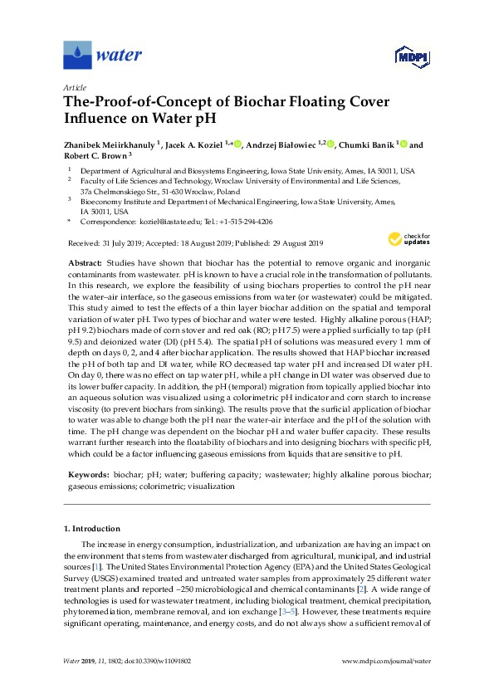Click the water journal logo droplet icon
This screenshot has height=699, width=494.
click(78, 56)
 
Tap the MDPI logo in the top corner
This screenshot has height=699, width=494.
click(404, 56)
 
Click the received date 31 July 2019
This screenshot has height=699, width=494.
click(130, 243)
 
